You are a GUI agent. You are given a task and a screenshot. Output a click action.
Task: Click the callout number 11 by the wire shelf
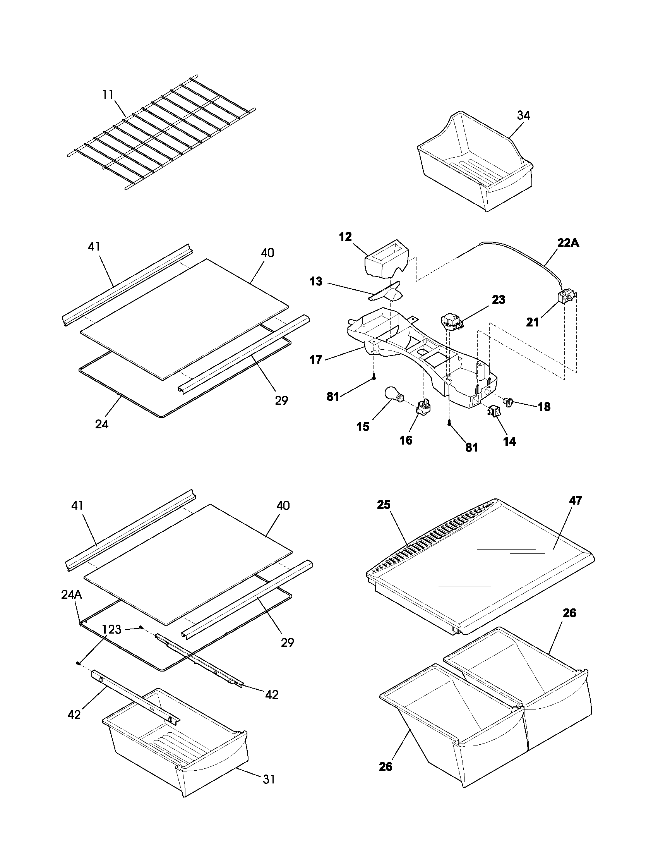click(108, 94)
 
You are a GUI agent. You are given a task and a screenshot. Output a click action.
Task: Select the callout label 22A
click(568, 244)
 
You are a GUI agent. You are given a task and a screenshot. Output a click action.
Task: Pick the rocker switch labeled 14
click(493, 411)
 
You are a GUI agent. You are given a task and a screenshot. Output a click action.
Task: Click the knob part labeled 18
click(508, 402)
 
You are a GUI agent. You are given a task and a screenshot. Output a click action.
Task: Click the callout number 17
click(316, 360)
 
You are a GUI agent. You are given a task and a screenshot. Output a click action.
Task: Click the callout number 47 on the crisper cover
click(575, 500)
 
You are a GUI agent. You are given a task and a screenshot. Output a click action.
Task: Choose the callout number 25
click(384, 504)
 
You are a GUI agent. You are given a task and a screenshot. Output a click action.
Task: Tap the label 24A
click(71, 594)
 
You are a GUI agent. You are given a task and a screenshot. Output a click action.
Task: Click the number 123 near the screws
click(112, 629)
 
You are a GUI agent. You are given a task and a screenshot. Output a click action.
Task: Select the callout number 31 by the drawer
click(269, 779)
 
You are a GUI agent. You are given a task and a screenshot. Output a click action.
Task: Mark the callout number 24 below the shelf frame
click(102, 424)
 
